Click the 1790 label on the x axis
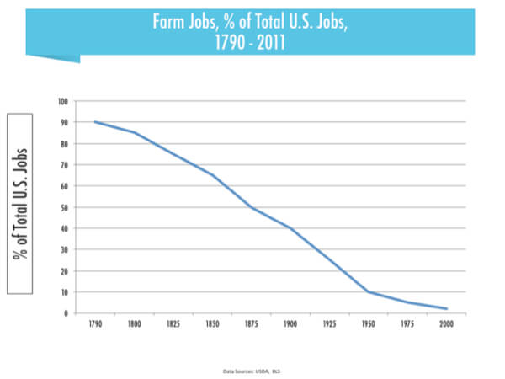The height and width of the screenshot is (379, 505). [94, 323]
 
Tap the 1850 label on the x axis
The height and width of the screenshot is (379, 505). [211, 323]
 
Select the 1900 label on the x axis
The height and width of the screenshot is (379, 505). [290, 323]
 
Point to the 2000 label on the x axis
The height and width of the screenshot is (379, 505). [446, 323]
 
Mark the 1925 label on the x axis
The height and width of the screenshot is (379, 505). [329, 323]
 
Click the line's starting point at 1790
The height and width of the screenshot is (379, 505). [94, 122]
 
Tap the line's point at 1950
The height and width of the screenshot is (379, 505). [368, 292]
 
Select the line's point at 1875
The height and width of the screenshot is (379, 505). [251, 207]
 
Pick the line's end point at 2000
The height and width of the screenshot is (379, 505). [446, 309]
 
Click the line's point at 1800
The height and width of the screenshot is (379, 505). [134, 132]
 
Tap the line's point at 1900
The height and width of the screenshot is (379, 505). [290, 228]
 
